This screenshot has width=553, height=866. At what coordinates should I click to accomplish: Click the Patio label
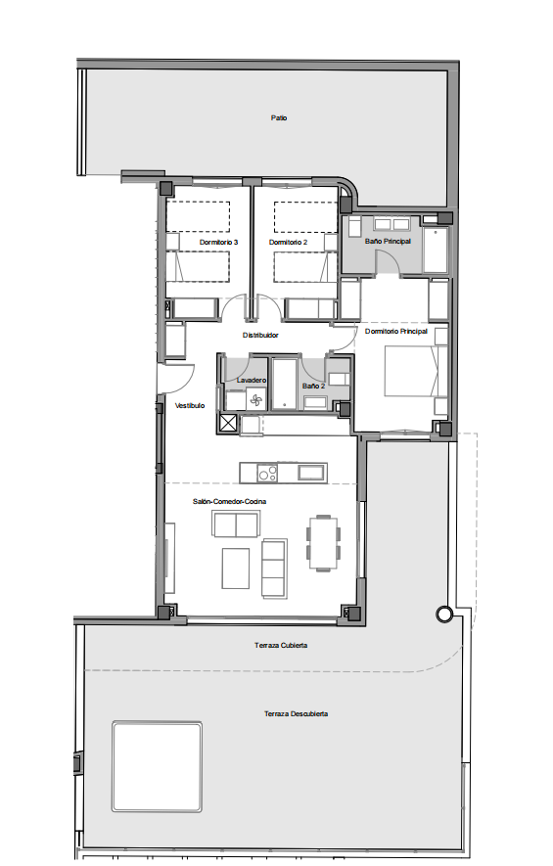(279, 117)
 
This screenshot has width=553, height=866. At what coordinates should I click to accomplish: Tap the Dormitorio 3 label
(219, 242)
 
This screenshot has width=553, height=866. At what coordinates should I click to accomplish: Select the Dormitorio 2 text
(289, 242)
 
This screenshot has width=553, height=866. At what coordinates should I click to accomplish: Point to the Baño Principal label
(388, 242)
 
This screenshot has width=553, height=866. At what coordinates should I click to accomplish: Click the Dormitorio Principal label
(396, 332)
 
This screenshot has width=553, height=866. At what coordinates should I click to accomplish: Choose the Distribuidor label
(260, 336)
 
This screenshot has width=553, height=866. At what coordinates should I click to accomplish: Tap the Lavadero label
(252, 380)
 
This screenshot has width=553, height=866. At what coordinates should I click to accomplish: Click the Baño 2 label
(313, 387)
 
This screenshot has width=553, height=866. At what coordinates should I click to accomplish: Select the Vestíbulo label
(190, 405)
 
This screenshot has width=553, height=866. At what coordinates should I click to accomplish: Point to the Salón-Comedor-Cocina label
(229, 501)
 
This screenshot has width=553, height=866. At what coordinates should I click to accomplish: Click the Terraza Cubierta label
(281, 645)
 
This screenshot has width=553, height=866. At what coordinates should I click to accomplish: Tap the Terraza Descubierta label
(297, 713)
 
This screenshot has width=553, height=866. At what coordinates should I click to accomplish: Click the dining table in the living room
(323, 542)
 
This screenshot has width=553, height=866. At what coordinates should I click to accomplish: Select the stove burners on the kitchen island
(268, 474)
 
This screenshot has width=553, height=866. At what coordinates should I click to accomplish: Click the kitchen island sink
(311, 473)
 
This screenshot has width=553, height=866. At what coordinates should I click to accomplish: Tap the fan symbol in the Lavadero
(256, 400)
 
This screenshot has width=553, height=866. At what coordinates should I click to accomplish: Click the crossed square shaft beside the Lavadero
(228, 424)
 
